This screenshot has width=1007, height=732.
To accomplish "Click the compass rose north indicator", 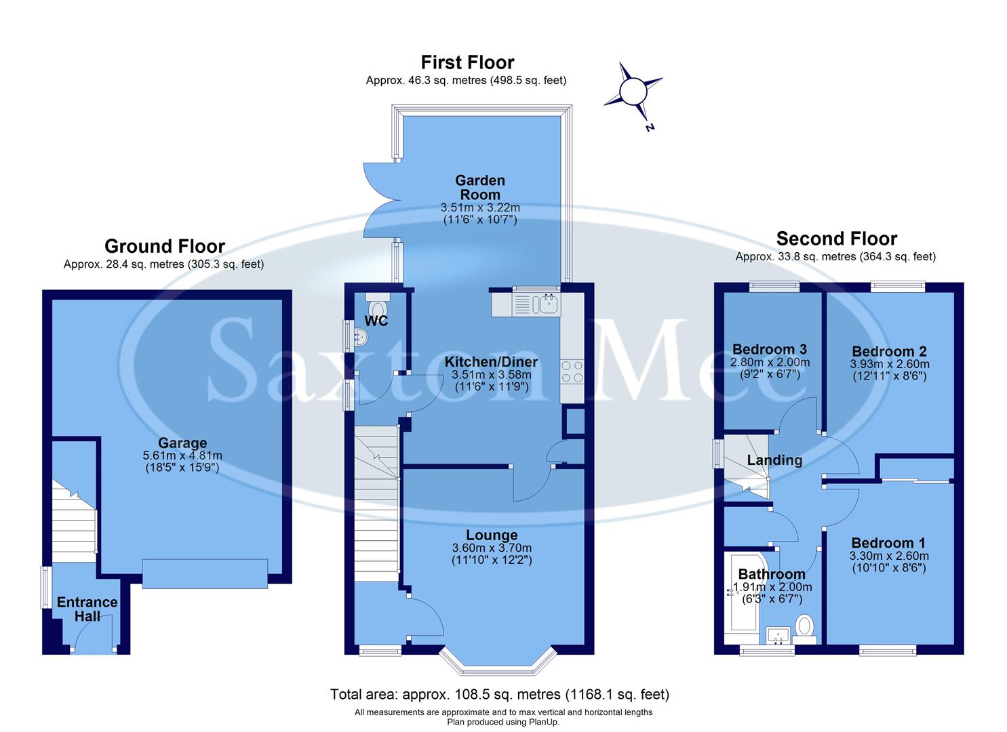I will [x=633, y=91].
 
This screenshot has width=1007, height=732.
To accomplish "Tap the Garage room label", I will [x=182, y=444].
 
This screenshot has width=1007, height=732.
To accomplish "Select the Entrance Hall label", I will [x=87, y=609].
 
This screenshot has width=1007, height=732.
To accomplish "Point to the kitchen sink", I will [x=547, y=304].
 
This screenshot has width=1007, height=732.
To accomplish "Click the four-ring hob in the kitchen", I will [x=572, y=372].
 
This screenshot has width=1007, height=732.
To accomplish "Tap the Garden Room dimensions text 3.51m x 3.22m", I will [x=480, y=207].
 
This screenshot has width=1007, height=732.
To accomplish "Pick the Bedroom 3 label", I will [x=769, y=350].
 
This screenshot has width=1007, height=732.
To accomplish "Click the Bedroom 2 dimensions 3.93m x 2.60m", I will [x=889, y=364].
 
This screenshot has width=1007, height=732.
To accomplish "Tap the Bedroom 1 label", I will [x=888, y=543].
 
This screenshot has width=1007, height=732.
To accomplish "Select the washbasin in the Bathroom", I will [x=778, y=636].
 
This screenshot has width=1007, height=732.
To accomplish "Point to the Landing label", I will [x=774, y=460].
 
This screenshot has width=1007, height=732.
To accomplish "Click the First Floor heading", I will [x=467, y=62].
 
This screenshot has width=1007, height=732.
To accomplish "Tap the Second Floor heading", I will [x=836, y=239].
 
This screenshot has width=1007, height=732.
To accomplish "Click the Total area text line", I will [x=499, y=694].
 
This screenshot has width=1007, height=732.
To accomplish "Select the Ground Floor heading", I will [x=164, y=245].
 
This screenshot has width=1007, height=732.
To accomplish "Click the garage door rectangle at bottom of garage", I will [x=205, y=573].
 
